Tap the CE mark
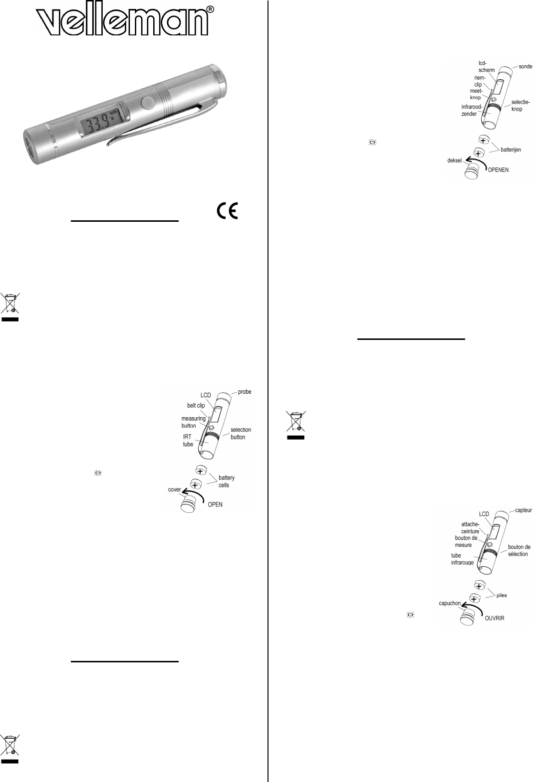point(228,211)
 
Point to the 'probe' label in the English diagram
point(244,392)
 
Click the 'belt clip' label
point(196,406)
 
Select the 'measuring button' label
point(193,422)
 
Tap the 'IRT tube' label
point(188,441)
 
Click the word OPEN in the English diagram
point(215,504)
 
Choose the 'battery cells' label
point(226,481)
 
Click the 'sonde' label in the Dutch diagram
point(525,66)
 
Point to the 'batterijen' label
point(511,150)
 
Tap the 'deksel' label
point(455,160)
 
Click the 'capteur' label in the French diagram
point(524,510)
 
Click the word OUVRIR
point(494,618)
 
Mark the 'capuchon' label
point(450,603)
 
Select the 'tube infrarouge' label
point(462,559)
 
